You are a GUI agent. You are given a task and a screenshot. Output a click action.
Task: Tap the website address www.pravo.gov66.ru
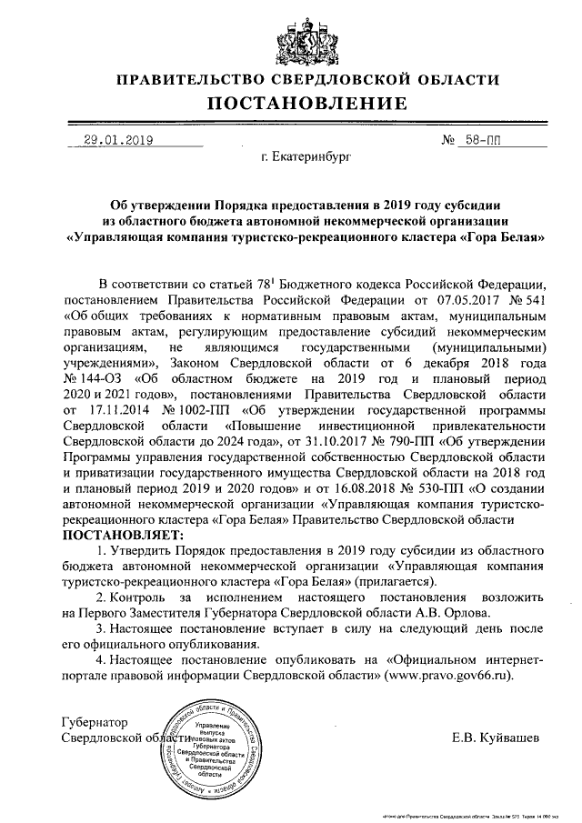[x=447, y=677]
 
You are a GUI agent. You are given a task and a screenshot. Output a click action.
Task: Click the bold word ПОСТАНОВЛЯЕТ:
[x=109, y=535]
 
